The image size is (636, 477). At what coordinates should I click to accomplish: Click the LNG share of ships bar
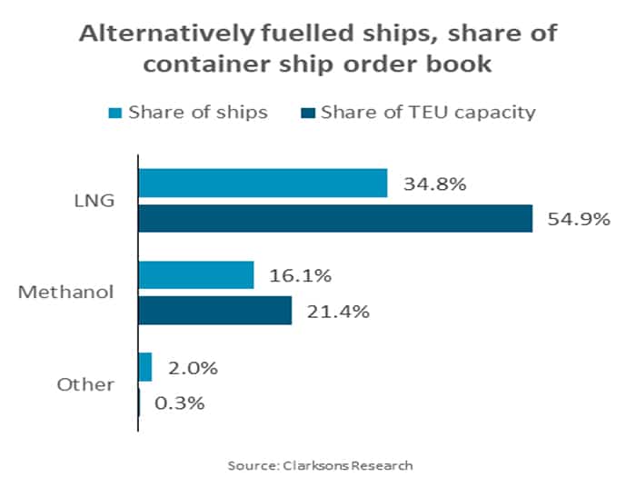tap(263, 183)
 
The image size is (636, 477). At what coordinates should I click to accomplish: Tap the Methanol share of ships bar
tap(195, 275)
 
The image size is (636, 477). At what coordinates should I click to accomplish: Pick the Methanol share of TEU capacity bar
tap(214, 310)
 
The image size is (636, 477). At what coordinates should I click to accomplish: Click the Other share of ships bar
tap(144, 367)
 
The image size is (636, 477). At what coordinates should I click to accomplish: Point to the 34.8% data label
tap(433, 184)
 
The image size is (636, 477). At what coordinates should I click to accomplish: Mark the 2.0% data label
tap(193, 368)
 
